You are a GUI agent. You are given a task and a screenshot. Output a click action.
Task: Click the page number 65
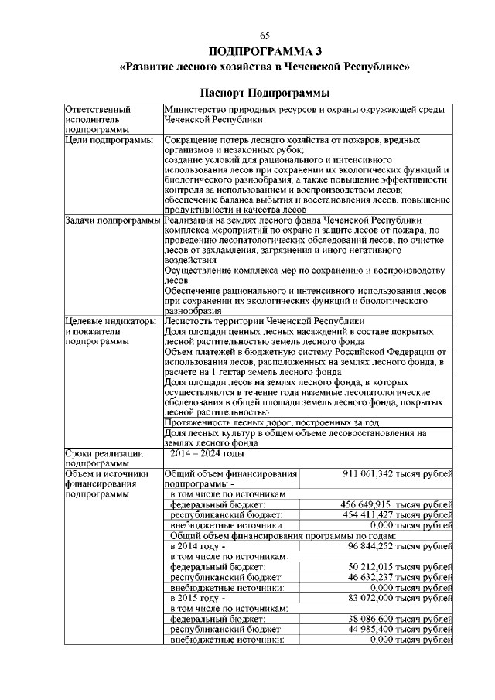(265, 36)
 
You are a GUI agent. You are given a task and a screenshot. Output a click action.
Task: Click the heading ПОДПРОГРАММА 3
(265, 52)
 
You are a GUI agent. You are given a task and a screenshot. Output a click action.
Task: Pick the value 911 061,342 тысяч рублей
(397, 473)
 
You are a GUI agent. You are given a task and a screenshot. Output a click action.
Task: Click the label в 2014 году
(197, 545)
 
